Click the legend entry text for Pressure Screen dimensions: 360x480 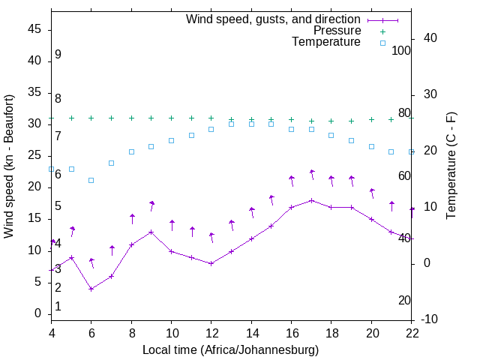coord(337,31)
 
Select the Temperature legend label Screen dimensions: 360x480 coord(326,43)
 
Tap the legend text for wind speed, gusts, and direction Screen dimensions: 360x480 coord(273,19)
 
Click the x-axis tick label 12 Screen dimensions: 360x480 coord(211,334)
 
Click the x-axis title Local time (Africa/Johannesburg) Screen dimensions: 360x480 coord(230,349)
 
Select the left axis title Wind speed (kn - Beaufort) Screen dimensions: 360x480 coord(9,166)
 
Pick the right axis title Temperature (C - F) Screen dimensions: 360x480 coord(451,166)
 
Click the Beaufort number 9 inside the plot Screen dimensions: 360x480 coord(58,55)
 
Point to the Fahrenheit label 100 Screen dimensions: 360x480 coord(401,50)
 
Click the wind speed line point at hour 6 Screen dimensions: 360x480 coord(91,289)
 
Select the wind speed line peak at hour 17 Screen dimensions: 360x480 coord(311,200)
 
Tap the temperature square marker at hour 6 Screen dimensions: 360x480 coord(91,180)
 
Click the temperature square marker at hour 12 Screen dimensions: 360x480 coord(211,129)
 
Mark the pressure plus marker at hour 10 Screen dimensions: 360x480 coord(171,118)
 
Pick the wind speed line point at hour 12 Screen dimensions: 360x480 coord(211,263)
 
